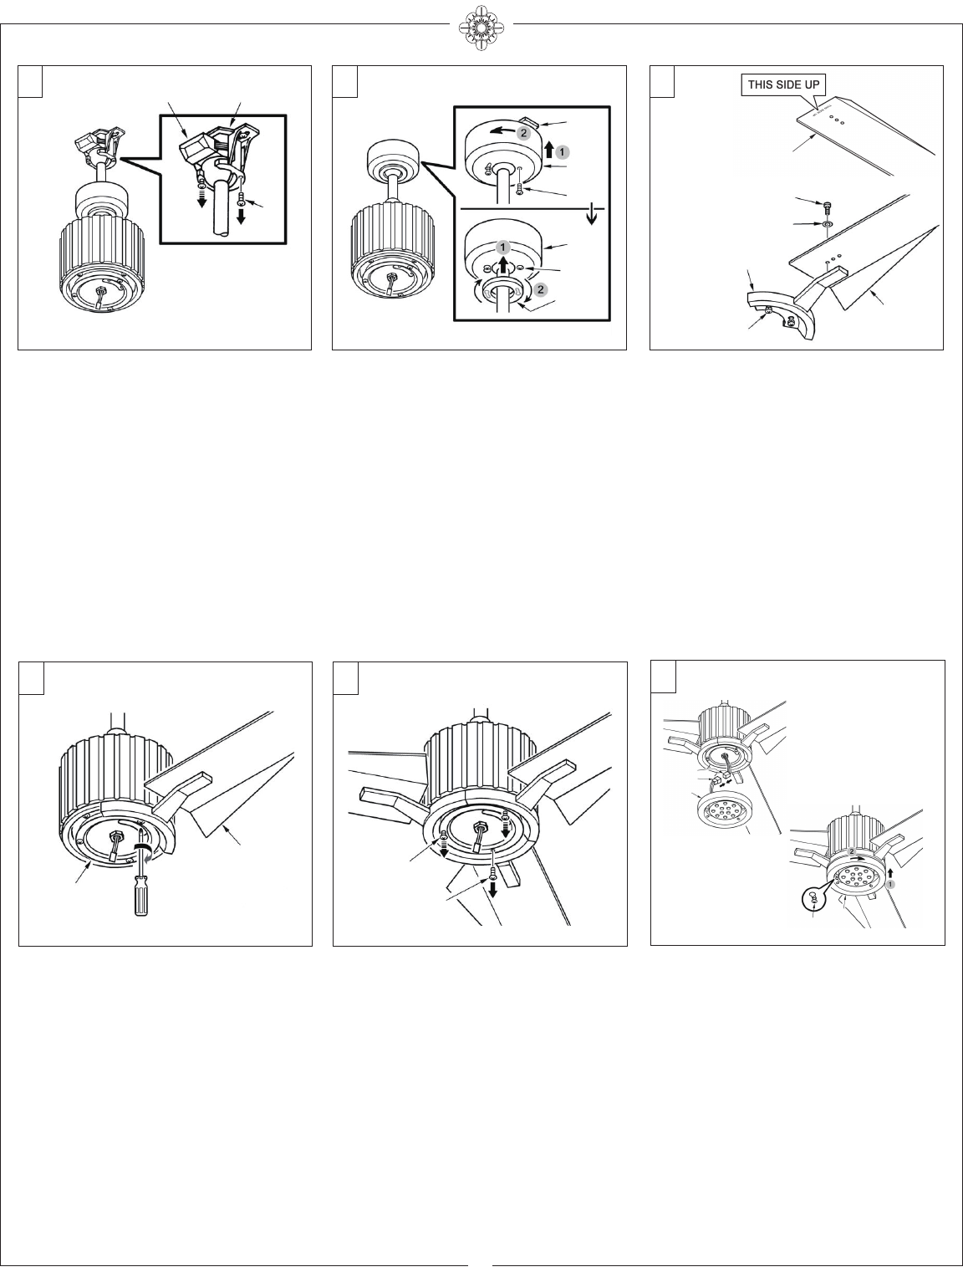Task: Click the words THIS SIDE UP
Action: tap(783, 84)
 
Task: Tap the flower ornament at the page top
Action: tap(481, 27)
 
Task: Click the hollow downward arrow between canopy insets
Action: tap(592, 216)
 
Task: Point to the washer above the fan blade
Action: tap(827, 222)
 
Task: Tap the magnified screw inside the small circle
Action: tap(813, 900)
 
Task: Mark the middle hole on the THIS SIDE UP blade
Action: tap(835, 120)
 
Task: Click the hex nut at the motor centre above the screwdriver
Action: tap(115, 837)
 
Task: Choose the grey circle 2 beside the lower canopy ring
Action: tap(541, 289)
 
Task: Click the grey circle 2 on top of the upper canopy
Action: tap(523, 133)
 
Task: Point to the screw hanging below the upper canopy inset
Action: tap(519, 188)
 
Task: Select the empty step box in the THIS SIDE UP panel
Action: tap(662, 81)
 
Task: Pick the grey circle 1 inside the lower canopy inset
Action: tap(502, 247)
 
